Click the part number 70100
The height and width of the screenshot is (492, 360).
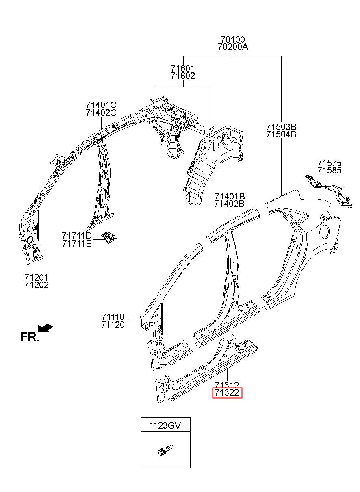232,39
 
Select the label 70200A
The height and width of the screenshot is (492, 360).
233,47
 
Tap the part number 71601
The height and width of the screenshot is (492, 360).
183,69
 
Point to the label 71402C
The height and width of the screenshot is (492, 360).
101,113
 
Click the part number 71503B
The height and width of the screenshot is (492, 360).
281,127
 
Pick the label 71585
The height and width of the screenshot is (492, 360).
329,171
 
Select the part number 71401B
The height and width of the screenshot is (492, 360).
230,196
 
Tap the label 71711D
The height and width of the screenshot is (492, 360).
77,236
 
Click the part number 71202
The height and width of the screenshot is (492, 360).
37,285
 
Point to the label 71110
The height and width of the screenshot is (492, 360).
113,317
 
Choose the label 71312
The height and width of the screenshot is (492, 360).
227,385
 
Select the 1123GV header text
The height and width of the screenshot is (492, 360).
165,425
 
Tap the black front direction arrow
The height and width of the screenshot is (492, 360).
46,328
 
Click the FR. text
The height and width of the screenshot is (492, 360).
30,337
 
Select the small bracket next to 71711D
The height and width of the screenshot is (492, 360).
109,237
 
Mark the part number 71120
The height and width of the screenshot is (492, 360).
113,325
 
